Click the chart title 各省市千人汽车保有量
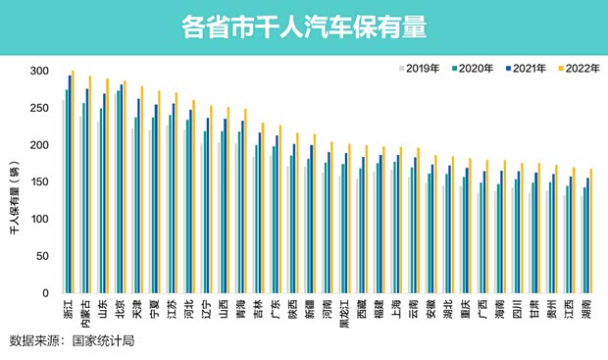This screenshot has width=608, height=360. [x=303, y=26]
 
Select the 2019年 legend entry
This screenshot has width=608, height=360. [x=419, y=68]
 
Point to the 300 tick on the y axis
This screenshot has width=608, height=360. [x=38, y=72]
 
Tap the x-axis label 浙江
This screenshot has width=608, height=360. [x=68, y=308]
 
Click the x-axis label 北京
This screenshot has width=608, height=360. [x=121, y=308]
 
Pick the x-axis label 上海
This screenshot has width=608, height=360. [x=396, y=308]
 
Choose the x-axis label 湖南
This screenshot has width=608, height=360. [x=587, y=308]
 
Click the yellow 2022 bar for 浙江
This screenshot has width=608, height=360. [x=74, y=181]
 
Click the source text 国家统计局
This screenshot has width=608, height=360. [x=98, y=340]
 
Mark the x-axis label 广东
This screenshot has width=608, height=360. [x=276, y=308]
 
